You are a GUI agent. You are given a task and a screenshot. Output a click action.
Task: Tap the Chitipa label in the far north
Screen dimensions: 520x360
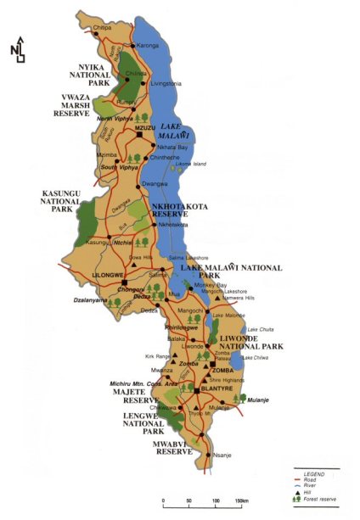tap(103, 26)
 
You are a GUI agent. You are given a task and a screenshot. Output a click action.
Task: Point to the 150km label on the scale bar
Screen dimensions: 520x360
tap(243, 501)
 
